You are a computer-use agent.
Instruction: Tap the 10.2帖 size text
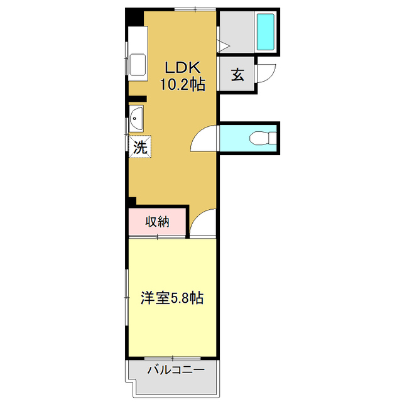click(182, 85)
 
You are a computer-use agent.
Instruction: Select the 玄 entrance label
click(237, 75)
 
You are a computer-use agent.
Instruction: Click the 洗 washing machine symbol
click(140, 148)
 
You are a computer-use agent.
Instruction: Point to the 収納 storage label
click(158, 222)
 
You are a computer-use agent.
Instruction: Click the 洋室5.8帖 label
click(171, 298)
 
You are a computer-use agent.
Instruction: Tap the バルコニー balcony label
click(176, 370)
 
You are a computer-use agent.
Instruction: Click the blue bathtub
click(266, 33)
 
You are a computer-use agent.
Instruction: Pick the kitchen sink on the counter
click(137, 64)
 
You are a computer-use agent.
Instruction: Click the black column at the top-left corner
click(134, 16)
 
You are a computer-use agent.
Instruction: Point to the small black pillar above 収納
click(133, 201)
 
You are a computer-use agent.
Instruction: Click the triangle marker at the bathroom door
click(222, 45)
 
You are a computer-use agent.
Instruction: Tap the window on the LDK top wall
click(194, 9)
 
